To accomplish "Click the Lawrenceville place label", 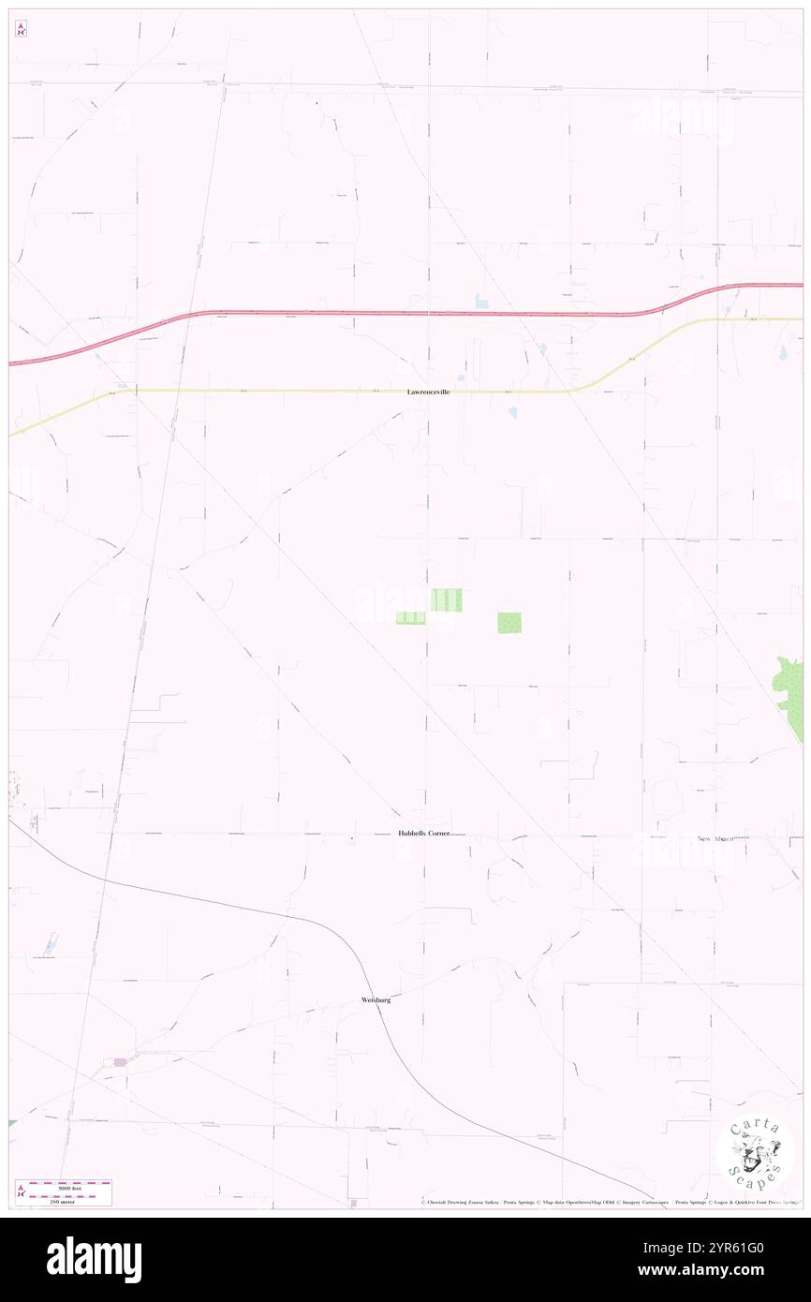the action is [428, 392].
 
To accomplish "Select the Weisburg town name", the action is [376, 1000].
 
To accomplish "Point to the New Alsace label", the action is [715, 838].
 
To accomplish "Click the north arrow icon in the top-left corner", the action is [21, 29].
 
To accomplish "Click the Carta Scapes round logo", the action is [755, 1153].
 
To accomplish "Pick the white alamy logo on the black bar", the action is [94, 1260].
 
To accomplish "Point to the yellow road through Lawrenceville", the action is [281, 391].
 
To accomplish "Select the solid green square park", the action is [509, 622].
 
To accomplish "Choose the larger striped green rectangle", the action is [446, 599].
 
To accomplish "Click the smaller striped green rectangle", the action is [410, 618].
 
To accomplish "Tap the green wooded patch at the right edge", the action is [789, 684].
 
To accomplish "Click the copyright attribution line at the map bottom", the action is [609, 1202].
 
